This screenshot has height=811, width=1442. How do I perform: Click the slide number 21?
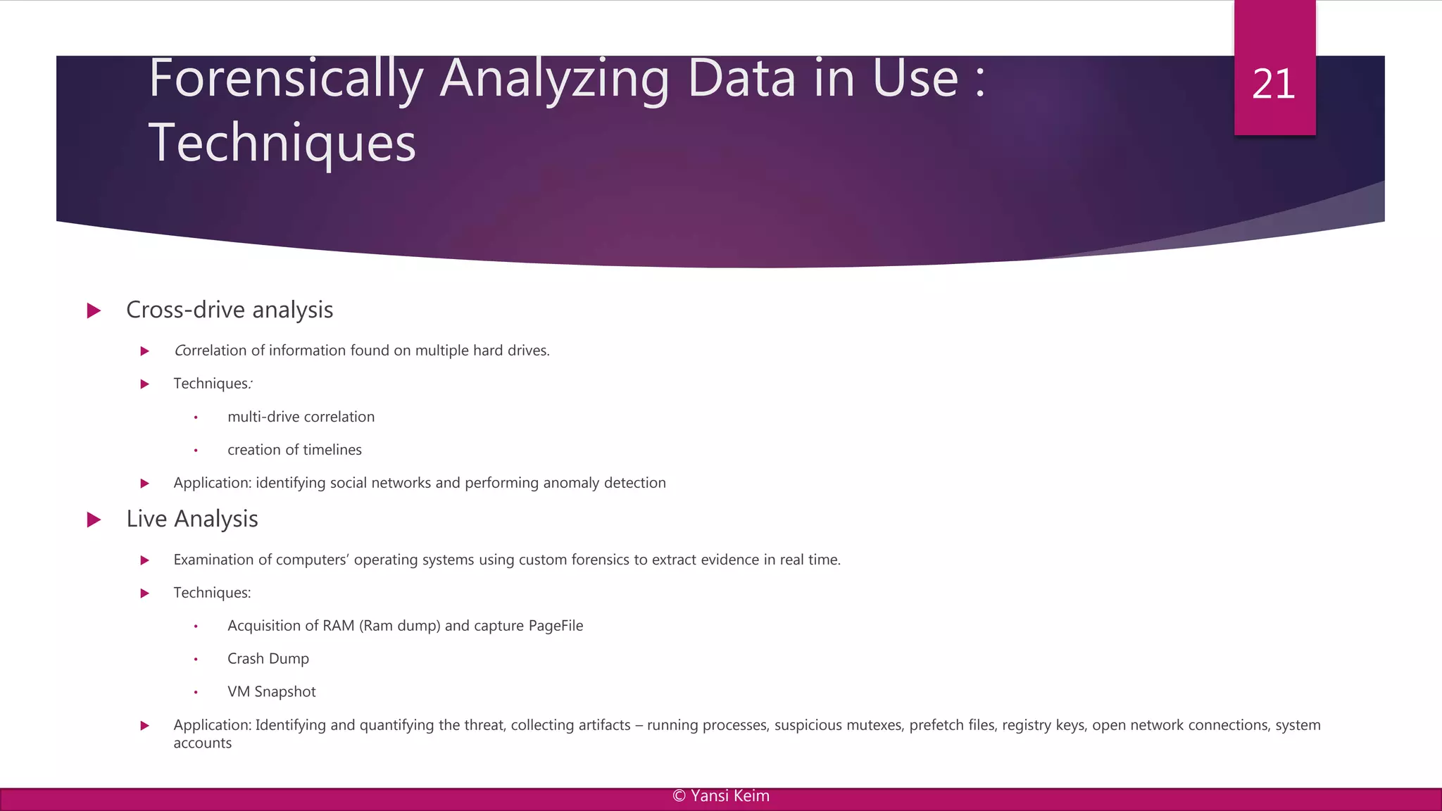tap(1274, 84)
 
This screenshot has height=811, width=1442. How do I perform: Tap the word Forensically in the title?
tap(286, 79)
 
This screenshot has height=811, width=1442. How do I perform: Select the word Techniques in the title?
tap(282, 143)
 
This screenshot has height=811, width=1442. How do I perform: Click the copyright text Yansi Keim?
tap(721, 796)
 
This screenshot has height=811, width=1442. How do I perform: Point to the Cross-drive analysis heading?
tap(230, 310)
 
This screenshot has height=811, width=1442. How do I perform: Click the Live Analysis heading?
tap(192, 519)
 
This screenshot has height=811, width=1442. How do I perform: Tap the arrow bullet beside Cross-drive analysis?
tap(94, 310)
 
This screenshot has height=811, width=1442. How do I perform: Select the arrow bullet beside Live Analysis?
tap(94, 520)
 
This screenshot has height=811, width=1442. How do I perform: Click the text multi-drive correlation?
tap(301, 417)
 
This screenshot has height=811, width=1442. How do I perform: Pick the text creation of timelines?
tap(294, 450)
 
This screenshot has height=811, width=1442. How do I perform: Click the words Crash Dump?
tap(268, 659)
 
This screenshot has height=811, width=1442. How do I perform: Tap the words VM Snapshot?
tap(272, 692)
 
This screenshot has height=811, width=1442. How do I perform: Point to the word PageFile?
tap(556, 626)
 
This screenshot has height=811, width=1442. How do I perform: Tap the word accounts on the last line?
tap(203, 743)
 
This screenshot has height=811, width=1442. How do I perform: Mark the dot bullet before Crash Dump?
tap(196, 660)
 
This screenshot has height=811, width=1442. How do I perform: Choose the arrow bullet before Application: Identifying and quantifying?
tap(144, 726)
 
